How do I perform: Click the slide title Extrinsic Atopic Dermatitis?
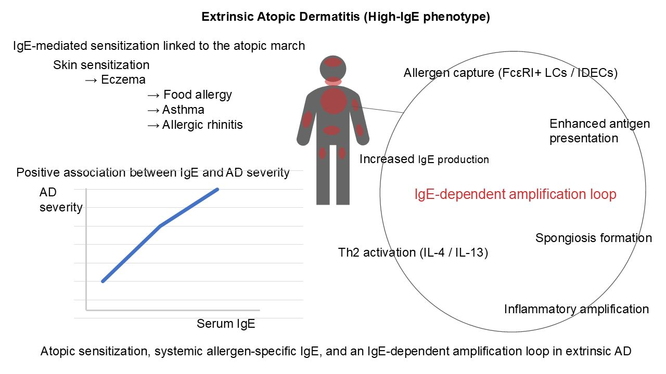345,17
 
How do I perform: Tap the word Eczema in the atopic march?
123,79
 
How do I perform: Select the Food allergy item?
198,95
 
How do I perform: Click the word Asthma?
183,110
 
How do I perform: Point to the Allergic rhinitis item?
202,125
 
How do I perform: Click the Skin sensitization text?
101,65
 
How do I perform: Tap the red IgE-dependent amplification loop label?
515,194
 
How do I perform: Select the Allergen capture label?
510,73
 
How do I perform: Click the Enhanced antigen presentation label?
599,131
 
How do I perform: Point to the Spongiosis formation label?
594,238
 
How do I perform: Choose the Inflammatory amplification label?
576,309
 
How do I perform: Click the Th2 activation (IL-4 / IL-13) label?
413,252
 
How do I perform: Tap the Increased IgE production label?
424,159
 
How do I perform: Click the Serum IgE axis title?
226,324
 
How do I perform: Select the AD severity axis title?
61,200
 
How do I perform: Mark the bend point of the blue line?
161,226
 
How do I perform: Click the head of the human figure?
333,69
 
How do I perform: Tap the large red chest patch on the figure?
334,101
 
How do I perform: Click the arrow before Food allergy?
153,95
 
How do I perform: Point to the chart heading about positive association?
153,172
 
